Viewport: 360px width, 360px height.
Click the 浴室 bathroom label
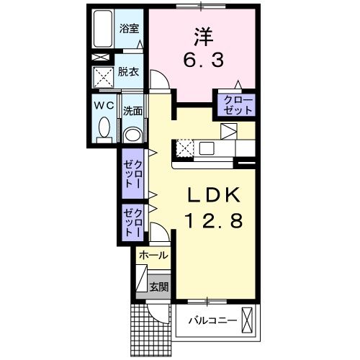point(130,30)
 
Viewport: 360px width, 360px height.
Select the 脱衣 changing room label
point(130,73)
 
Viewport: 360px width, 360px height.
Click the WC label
point(102,104)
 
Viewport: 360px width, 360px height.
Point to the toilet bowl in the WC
point(102,130)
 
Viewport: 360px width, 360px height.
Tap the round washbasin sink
point(132,134)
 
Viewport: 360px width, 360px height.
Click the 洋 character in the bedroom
point(204,34)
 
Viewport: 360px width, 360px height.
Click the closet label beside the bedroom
point(238,104)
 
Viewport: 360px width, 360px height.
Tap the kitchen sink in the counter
point(207,148)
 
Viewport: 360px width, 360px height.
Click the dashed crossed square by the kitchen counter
point(183,148)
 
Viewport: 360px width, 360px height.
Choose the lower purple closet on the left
point(133,223)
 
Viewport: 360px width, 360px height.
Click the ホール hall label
point(153,255)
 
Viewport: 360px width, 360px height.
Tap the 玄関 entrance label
point(158,285)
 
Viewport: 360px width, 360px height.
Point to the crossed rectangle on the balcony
point(248,319)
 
